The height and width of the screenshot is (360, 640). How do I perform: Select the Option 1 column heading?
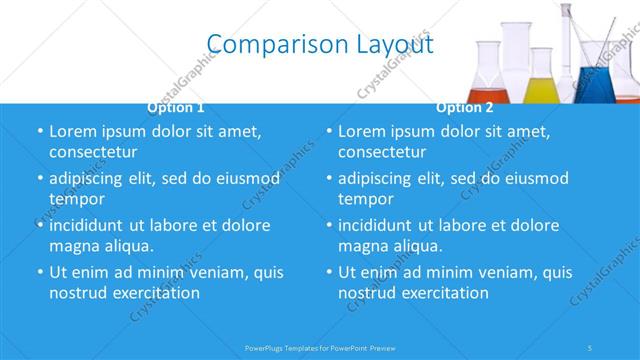tap(176, 107)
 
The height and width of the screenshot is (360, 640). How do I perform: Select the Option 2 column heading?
tap(464, 107)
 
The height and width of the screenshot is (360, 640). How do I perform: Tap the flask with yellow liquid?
tap(541, 80)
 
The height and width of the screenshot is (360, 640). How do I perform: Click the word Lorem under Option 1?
tap(73, 132)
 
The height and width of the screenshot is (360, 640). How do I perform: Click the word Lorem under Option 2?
tap(362, 132)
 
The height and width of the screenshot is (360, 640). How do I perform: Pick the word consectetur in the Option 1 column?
tap(93, 152)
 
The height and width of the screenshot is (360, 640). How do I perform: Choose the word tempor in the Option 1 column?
tap(76, 199)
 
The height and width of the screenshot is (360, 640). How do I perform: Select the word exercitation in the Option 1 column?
tap(153, 293)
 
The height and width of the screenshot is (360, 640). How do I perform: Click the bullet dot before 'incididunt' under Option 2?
tap(329, 226)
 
